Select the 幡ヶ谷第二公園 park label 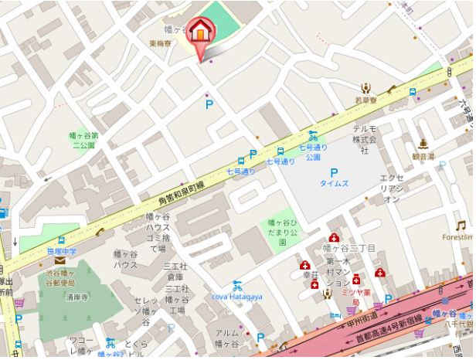tap(82, 138)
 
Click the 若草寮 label tap(366, 100)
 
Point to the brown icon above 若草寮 tap(366, 88)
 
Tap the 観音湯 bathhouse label tap(423, 155)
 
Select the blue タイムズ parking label tap(335, 183)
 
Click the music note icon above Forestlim tap(461, 225)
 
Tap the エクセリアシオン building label tap(391, 188)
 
